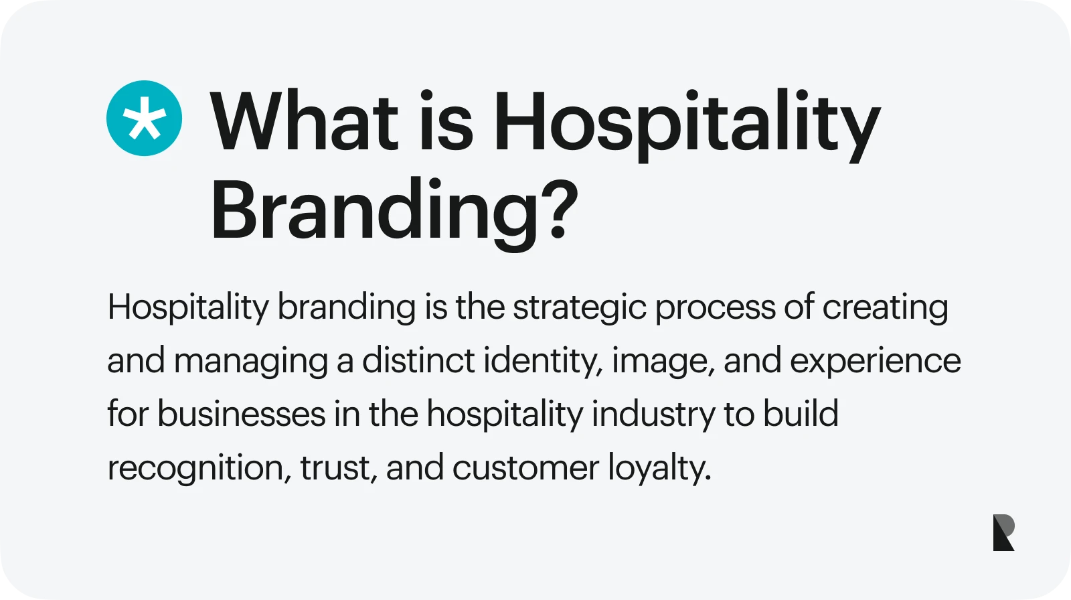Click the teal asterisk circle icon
point(144,118)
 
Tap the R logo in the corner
point(1003,532)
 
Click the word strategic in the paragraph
point(580,307)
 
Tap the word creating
point(885,307)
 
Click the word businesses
point(242,413)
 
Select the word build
point(801,413)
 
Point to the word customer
point(525,467)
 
